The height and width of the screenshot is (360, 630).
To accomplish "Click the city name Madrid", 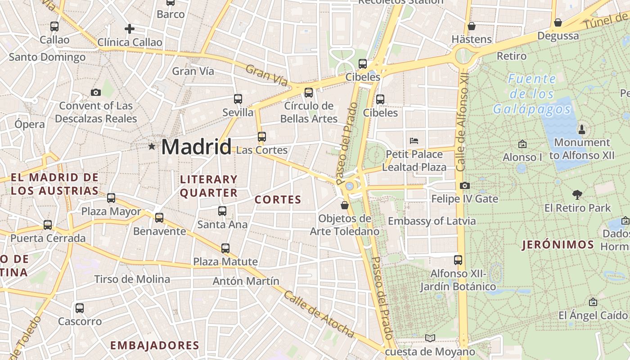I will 196,147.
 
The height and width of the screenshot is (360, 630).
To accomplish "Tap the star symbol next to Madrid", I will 152,146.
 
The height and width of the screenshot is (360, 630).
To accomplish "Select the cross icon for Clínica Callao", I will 130,29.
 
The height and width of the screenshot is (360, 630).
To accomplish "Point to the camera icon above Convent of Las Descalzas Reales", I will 96,93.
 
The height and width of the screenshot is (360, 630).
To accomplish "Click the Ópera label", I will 30,124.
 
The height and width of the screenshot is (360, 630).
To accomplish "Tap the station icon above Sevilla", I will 238,99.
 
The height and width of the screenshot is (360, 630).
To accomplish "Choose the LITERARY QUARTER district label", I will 209,186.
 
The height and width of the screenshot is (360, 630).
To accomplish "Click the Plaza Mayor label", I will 111,211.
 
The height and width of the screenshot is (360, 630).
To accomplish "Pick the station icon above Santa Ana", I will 222,211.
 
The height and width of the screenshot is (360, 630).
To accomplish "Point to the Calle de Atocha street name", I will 319,315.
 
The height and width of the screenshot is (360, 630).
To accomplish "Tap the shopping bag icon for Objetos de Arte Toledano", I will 345,205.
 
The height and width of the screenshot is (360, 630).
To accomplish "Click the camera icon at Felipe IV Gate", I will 465,185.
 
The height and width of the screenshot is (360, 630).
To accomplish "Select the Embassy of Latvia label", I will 432,221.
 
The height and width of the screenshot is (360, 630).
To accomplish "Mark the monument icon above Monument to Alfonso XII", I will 582,130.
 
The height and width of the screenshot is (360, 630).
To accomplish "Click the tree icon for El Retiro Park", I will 577,194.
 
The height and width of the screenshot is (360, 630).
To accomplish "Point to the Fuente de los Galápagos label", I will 532,94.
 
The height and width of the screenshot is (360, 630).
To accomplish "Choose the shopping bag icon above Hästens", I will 472,26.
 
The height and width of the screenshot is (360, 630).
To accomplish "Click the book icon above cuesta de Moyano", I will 430,338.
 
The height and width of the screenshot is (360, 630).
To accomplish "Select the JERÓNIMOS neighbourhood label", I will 558,245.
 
